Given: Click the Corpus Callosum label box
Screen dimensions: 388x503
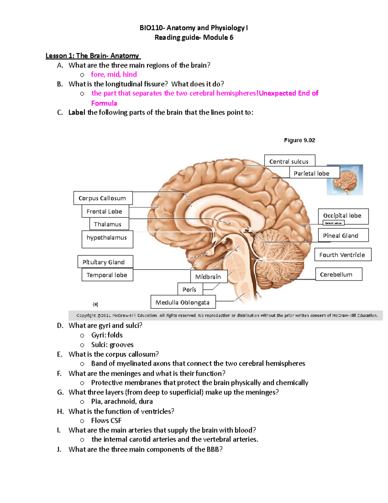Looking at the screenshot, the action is pos(103,198).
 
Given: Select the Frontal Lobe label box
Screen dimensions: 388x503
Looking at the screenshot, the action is pos(105,211).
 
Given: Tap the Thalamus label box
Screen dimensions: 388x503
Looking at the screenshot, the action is pos(109,224).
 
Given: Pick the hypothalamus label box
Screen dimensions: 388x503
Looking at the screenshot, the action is pos(107,239).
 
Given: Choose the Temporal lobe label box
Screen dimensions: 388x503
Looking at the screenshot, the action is pos(107,275).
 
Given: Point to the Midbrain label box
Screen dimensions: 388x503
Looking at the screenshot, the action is pos(209,277).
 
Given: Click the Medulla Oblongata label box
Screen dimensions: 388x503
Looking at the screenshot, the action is pos(183,302).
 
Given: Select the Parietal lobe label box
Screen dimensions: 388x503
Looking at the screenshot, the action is pos(314,173).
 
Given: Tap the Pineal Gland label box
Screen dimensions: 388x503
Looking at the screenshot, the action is pos(343,235).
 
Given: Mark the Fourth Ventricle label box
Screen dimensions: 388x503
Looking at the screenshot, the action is pos(343,255).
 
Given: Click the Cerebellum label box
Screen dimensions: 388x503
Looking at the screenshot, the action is pos(339,274).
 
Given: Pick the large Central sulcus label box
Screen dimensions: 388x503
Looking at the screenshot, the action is pos(289,161).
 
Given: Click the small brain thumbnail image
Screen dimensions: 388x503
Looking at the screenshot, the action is pos(345,180).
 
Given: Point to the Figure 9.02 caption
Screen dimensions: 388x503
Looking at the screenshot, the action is pos(299,140).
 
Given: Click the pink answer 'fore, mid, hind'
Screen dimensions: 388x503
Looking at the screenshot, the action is pos(114,74).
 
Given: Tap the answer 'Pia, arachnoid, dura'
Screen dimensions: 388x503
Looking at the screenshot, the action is pos(122,402).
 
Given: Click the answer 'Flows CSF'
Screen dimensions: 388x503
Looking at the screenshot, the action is pos(106,421).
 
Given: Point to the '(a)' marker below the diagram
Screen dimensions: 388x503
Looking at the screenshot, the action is pos(95,304).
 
